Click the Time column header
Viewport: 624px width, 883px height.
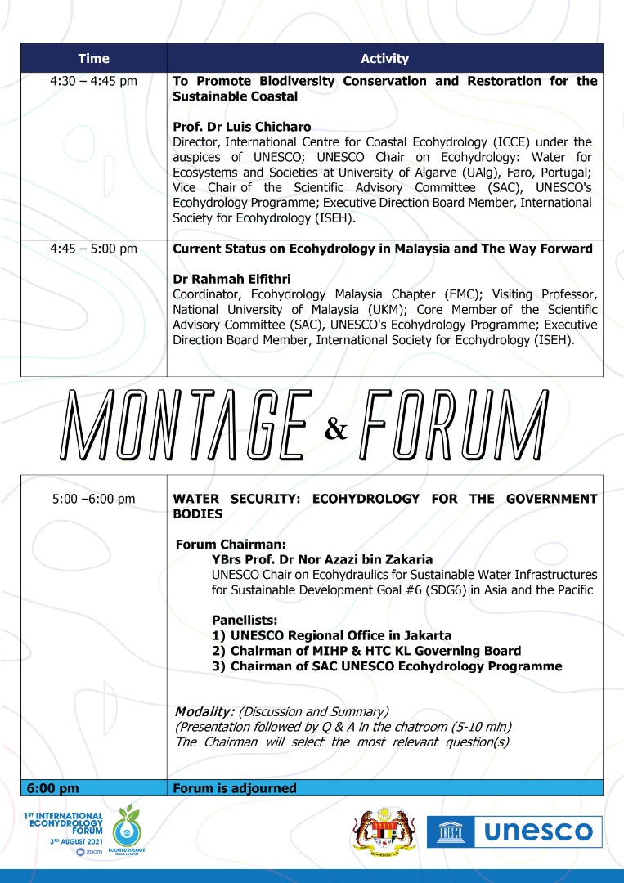[x=93, y=59]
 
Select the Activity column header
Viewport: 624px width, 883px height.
[x=384, y=59]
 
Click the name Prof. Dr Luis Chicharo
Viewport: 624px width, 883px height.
[x=231, y=128]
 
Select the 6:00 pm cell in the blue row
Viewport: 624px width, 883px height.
[x=53, y=788]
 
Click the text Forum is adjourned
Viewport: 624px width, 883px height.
[x=234, y=788]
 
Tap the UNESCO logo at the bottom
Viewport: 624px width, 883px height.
[x=514, y=831]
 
